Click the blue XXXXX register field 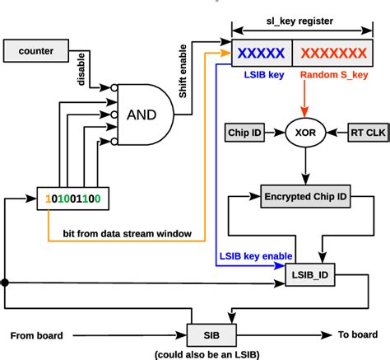pyautogui.click(x=261, y=54)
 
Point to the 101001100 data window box pyautogui.click(x=72, y=199)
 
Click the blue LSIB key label pyautogui.click(x=260, y=76)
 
